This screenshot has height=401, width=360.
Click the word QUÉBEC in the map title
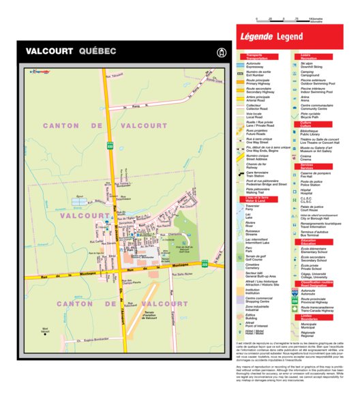point(97,51)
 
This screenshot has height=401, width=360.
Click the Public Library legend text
point(313,132)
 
